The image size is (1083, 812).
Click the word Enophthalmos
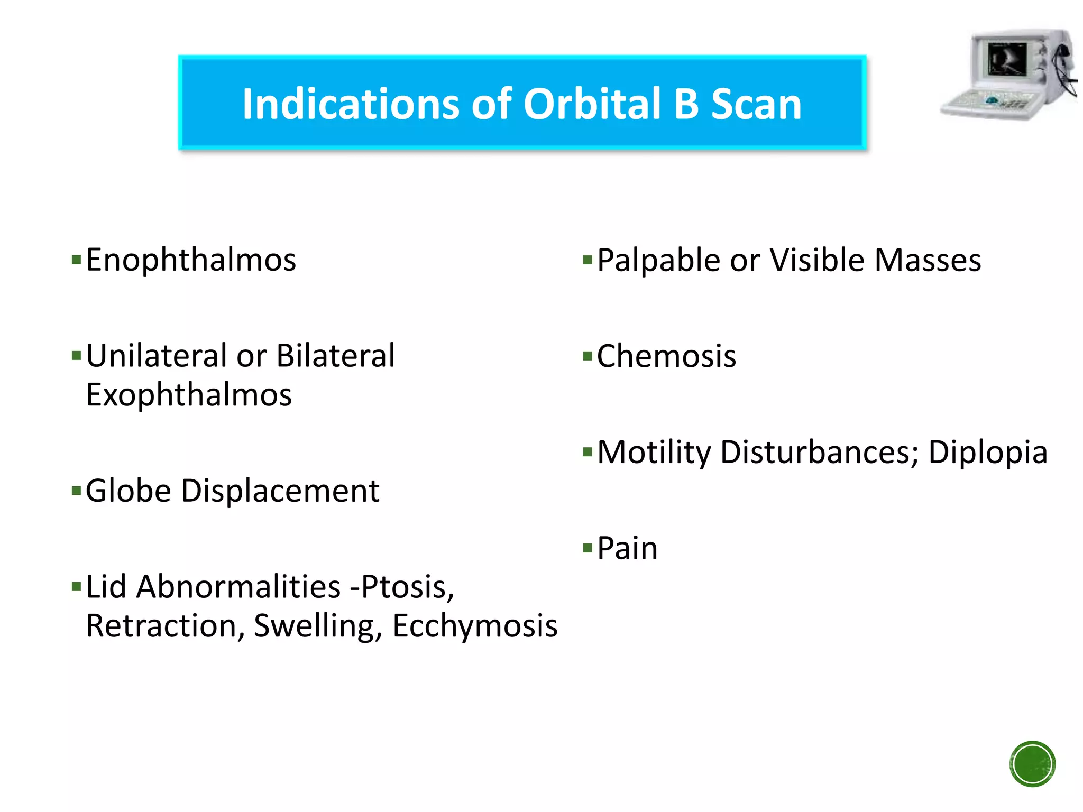coord(191,260)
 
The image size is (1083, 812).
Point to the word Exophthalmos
coord(189,395)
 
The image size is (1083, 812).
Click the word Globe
coord(128,491)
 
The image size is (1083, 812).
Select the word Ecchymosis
coord(474,626)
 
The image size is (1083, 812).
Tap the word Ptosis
coord(407,587)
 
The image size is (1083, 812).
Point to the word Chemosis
coord(666,356)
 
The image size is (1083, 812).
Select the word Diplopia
coord(987,453)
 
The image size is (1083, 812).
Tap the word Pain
coord(627,548)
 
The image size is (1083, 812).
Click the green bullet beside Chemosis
coord(587,356)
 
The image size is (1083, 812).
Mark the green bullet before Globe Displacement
coord(76,491)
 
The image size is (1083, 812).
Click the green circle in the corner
coord(1032,764)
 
